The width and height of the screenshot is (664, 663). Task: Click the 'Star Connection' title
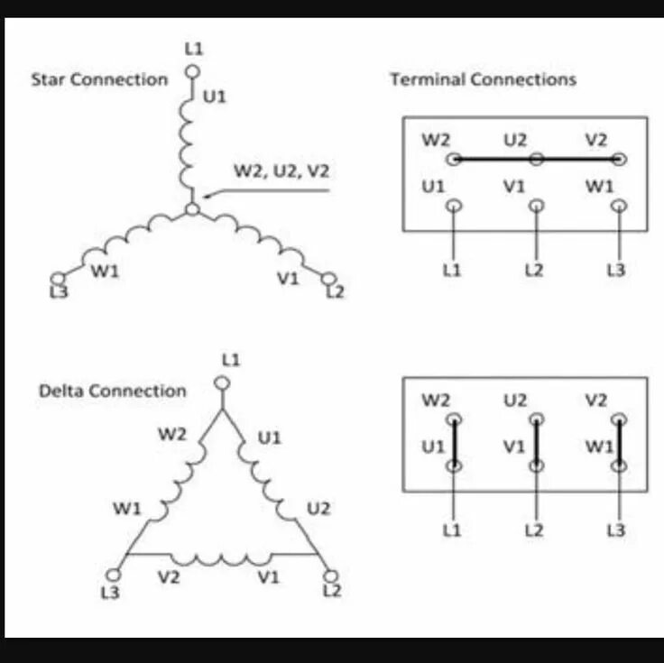point(99,79)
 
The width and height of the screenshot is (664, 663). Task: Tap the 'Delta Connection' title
point(112,391)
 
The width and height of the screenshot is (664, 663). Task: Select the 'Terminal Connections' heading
point(483,79)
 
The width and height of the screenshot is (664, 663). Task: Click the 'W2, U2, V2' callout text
point(281,169)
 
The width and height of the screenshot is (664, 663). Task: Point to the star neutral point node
point(192,209)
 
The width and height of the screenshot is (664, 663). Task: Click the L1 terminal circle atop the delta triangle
point(223,382)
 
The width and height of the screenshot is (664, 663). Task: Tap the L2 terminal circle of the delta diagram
point(329,575)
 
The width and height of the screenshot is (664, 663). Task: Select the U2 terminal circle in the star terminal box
point(536,160)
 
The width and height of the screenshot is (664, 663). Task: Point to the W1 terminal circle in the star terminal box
point(618,206)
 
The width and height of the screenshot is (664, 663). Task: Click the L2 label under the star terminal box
point(535,271)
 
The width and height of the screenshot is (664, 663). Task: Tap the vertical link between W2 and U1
point(454,443)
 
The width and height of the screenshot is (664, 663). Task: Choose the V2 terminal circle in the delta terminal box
point(618,419)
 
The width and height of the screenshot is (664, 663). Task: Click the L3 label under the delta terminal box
point(616,531)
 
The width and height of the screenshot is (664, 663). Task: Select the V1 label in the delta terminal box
point(513,447)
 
